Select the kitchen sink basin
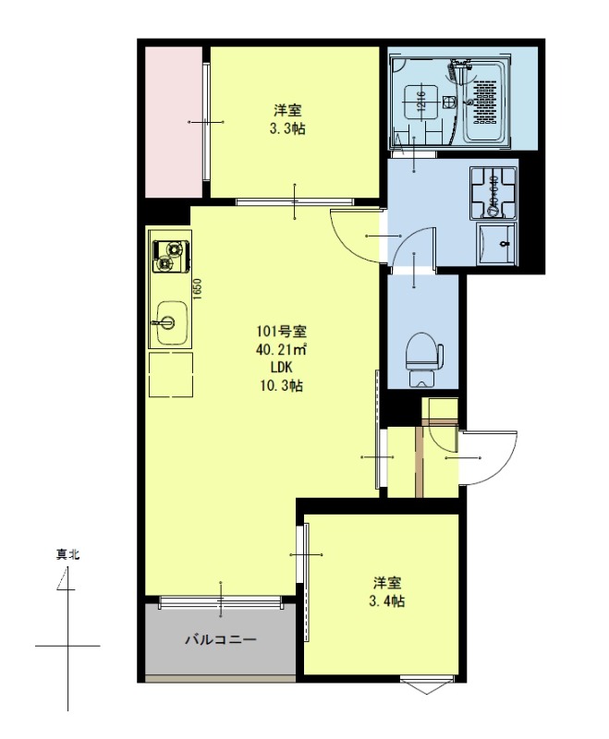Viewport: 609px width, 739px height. (x=170, y=322)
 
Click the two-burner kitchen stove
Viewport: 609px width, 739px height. (x=170, y=257)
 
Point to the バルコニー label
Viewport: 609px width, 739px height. (x=220, y=638)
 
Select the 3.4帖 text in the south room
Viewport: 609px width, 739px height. (x=386, y=600)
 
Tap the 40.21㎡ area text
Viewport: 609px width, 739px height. (x=282, y=349)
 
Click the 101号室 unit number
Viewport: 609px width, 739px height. (x=282, y=332)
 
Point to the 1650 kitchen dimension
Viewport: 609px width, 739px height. (x=198, y=288)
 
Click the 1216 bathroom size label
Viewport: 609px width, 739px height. (x=420, y=100)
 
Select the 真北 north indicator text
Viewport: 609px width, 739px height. (x=67, y=555)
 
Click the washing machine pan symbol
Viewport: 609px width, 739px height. (x=494, y=191)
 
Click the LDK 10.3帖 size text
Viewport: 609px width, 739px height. (x=282, y=377)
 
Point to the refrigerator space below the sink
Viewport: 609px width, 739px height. (x=170, y=374)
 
